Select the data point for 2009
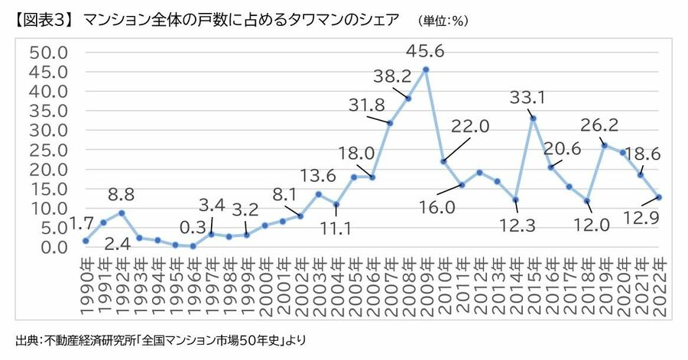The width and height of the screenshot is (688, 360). coord(426,70)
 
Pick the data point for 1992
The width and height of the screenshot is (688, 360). coord(121,212)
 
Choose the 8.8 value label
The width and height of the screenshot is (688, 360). coord(122,194)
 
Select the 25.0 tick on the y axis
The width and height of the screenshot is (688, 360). coord(48,149)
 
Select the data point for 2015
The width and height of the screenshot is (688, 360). coord(533,118)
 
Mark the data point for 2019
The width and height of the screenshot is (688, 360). coord(605,145)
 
